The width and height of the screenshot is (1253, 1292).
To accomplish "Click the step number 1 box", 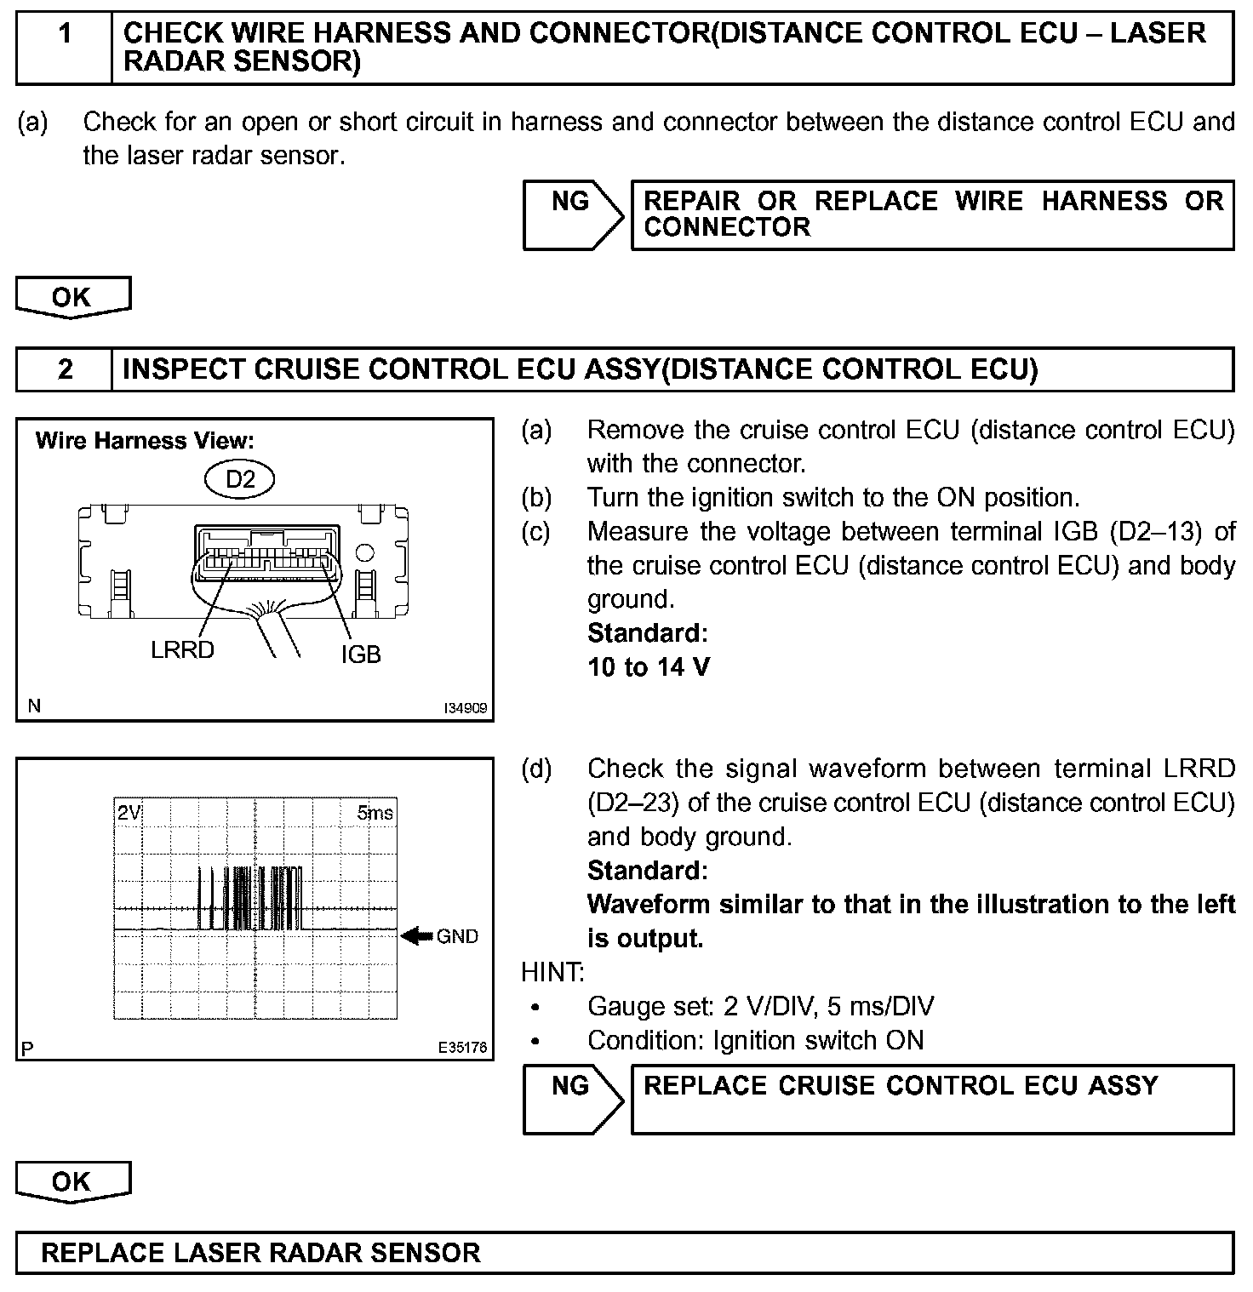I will (x=65, y=48).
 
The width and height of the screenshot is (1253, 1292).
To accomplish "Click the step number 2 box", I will (x=65, y=369).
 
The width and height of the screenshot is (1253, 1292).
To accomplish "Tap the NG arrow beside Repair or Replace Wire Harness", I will (x=572, y=214).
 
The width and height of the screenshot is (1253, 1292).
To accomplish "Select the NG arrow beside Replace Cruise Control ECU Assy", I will (x=572, y=1100).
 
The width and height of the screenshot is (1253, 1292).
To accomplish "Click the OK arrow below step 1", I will (x=72, y=298).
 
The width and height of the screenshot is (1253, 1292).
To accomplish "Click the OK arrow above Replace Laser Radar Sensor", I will (x=72, y=1182).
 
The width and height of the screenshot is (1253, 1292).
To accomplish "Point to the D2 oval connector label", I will (x=240, y=479).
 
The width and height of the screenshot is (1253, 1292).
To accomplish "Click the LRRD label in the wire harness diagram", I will (x=182, y=650).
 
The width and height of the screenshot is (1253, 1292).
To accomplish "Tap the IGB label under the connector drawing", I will (x=361, y=655).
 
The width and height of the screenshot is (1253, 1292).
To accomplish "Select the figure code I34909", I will (x=465, y=708).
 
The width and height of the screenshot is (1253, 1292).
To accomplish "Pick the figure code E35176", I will (x=463, y=1048).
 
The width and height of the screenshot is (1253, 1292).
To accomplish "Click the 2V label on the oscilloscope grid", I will (x=129, y=813).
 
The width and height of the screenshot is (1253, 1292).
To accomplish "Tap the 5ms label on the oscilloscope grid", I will (x=375, y=813).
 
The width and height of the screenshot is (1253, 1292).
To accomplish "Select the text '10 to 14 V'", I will (x=649, y=666).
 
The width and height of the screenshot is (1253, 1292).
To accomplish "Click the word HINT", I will (x=552, y=972).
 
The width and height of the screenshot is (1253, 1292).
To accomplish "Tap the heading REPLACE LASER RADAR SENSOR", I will (x=260, y=1253).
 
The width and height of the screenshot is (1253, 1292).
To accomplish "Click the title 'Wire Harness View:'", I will (x=145, y=441).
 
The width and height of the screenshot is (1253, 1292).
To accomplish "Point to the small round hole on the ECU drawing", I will (x=364, y=553).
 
